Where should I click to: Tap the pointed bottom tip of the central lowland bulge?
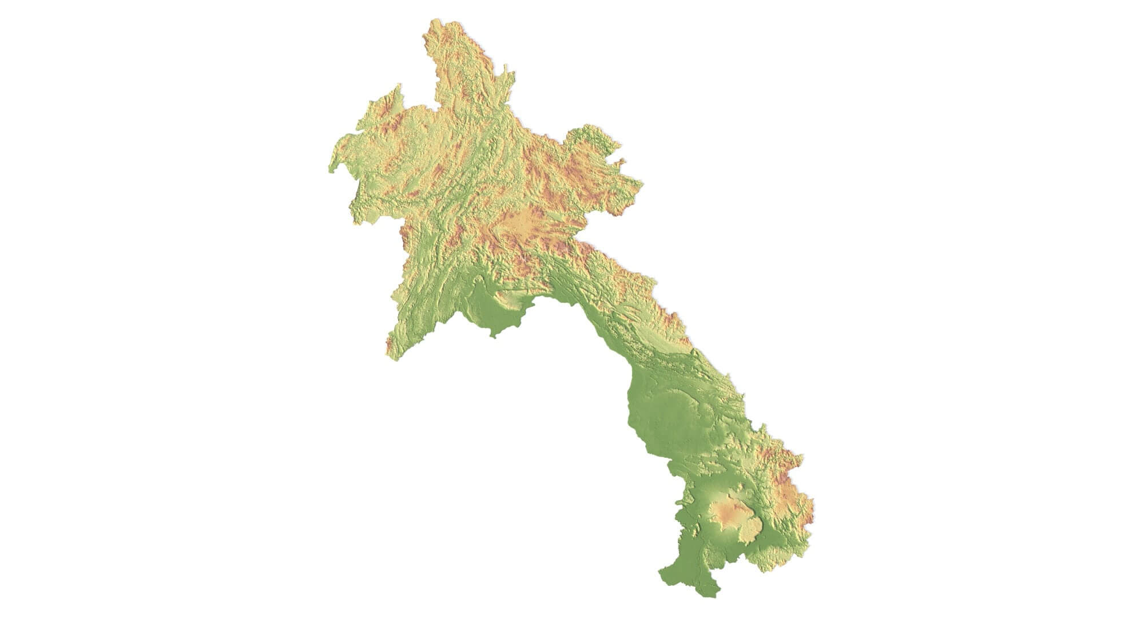click(493, 336)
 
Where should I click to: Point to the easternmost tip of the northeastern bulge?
click(642, 184)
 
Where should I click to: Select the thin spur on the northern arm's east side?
click(507, 77)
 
